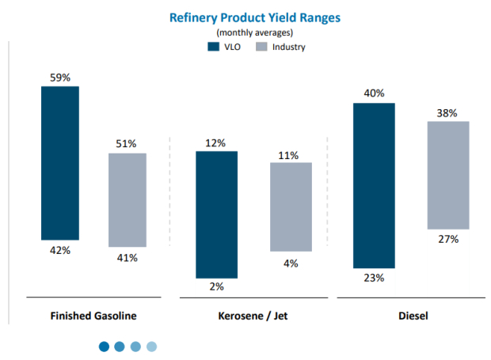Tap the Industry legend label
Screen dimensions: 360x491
(289, 47)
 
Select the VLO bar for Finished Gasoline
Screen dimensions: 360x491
(60, 162)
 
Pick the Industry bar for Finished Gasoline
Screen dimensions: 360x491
(128, 199)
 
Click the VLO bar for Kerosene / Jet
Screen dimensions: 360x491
(216, 214)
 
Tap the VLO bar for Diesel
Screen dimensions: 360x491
(374, 185)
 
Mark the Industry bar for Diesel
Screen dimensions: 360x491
(448, 175)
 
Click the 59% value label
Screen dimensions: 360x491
(60, 78)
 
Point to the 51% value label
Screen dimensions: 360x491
(128, 144)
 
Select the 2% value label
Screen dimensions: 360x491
(216, 287)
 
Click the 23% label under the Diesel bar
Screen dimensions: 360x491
(374, 278)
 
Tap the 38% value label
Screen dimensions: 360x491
(448, 112)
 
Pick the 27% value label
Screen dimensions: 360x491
(448, 238)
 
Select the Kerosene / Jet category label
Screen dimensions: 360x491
(253, 315)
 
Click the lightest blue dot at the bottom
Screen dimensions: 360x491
(152, 346)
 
